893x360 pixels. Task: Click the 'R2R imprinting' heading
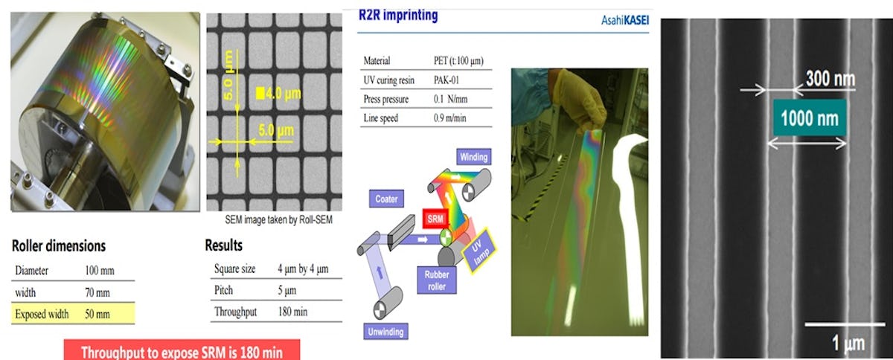click(398, 14)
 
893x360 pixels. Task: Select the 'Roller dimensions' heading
click(59, 245)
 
